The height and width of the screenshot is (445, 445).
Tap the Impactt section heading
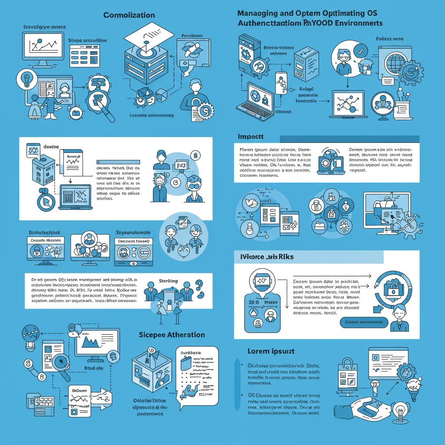point(251,136)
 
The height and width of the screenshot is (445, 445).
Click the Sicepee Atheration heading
point(172,335)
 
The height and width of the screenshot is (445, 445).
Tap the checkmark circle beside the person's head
point(359,52)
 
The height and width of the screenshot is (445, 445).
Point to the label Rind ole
point(93,368)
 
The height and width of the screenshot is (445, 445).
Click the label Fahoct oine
point(389,39)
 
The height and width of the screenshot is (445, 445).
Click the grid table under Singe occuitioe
point(85,55)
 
